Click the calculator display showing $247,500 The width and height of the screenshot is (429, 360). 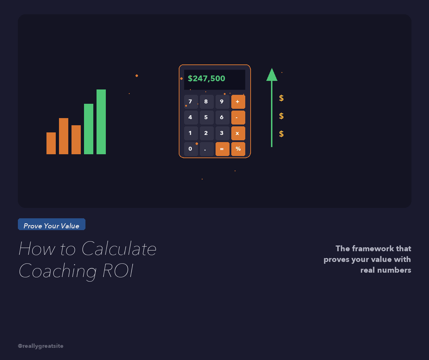tap(214, 79)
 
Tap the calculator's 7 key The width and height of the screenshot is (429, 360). tap(191, 102)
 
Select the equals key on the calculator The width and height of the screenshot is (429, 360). tap(222, 149)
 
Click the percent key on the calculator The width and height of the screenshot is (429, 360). tap(238, 149)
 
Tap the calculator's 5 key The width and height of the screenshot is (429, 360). tap(206, 117)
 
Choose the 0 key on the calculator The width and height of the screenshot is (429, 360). tap(191, 149)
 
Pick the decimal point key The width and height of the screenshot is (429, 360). tap(206, 149)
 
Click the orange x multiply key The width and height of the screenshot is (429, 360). tap(238, 133)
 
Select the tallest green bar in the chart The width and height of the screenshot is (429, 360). tap(101, 122)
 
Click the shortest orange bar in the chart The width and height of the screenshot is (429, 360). tap(51, 143)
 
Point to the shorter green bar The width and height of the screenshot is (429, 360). tap(89, 129)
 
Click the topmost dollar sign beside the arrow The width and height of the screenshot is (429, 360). tap(281, 98)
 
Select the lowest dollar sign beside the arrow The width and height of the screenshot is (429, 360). tap(281, 134)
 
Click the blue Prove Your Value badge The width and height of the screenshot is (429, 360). tap(51, 225)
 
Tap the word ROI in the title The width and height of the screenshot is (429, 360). tap(118, 271)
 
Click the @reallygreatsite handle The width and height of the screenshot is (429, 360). tap(40, 346)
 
